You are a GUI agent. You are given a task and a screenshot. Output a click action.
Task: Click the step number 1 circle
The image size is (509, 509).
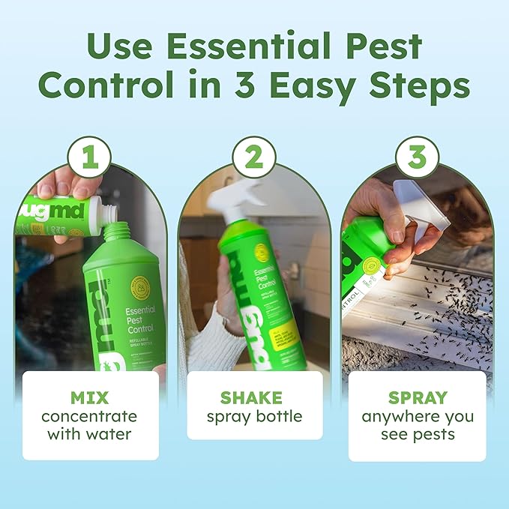pyautogui.click(x=89, y=157)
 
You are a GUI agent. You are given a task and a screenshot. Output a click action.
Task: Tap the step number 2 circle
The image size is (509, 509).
pyautogui.click(x=253, y=157)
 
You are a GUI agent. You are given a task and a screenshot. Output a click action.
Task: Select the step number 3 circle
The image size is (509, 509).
pyautogui.click(x=417, y=157)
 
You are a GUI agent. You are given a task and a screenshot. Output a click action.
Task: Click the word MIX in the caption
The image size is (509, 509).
pyautogui.click(x=91, y=397)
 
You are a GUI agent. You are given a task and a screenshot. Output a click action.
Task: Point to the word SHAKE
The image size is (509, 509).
pyautogui.click(x=254, y=397)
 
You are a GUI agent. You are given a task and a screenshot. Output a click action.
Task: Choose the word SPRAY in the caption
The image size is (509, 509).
pyautogui.click(x=417, y=397)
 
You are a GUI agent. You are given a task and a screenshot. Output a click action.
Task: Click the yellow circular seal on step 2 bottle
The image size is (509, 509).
pyautogui.click(x=261, y=253)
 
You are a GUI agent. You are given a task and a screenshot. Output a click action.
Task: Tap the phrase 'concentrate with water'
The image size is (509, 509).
pyautogui.click(x=90, y=424)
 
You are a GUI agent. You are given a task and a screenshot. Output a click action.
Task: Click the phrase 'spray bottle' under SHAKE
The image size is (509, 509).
pyautogui.click(x=253, y=417)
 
